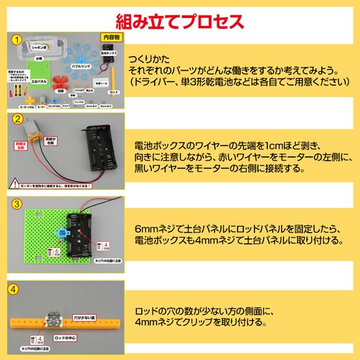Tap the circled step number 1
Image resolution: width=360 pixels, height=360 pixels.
pos(15,40)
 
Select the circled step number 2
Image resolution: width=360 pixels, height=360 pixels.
pos(15,120)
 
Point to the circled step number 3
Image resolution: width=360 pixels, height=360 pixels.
pos(15,204)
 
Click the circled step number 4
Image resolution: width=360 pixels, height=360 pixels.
pos(15,290)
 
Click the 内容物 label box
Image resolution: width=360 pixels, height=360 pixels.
pos(110,36)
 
